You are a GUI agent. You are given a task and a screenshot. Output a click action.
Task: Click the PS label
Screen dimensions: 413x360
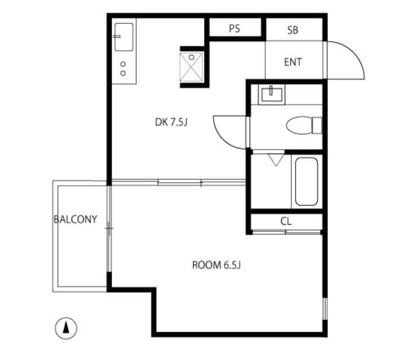coord(234,28)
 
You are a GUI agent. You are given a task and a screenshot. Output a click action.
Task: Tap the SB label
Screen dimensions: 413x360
coord(293,30)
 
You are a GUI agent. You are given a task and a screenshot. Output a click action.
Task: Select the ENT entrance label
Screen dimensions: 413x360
coord(293,62)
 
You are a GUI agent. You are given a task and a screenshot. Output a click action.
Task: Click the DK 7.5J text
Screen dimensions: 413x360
coord(171,122)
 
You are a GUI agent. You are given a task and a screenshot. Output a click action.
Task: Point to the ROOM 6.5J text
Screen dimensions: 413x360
coord(217,265)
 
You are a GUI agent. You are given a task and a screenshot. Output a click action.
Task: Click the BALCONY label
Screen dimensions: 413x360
coord(76,219)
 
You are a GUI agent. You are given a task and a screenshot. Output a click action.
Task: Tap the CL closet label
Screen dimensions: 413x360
coord(286,221)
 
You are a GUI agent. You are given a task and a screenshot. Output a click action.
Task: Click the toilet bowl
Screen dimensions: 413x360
coord(299,125)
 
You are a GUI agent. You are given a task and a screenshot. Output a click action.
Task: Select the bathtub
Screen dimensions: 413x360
coord(306,182)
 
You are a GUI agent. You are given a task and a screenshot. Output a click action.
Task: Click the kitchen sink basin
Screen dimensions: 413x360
coord(124,37)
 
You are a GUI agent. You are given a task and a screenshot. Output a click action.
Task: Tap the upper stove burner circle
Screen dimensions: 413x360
coord(123,64)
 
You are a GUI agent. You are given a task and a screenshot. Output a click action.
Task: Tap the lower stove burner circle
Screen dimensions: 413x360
coord(123,73)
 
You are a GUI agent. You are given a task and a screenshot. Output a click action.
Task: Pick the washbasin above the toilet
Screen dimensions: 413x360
coord(271,95)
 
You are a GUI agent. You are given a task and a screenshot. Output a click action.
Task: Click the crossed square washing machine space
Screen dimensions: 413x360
coord(191,67)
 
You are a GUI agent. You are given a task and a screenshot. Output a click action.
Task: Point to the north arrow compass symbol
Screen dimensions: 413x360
coord(66,328)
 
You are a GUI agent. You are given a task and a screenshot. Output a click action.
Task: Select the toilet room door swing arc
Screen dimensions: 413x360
coord(224,137)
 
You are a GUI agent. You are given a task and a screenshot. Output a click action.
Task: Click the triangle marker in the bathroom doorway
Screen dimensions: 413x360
coord(276,160)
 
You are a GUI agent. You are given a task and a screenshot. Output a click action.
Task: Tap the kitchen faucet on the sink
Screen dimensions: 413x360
coord(117,36)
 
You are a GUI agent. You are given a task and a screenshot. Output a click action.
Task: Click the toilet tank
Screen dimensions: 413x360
coord(317,125)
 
